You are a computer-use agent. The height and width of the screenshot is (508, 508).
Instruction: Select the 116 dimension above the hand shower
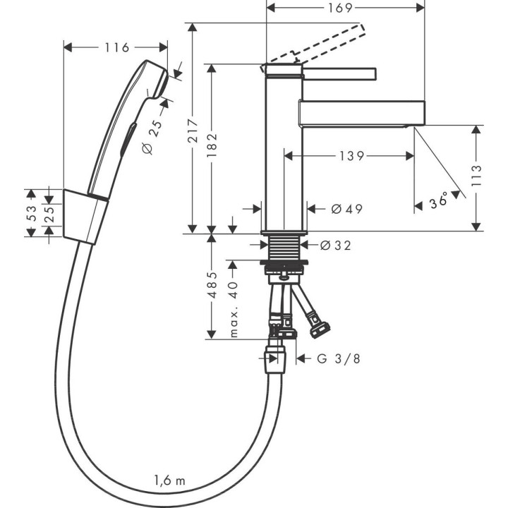point(116,47)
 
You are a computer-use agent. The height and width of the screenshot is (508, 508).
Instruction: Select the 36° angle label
point(438,202)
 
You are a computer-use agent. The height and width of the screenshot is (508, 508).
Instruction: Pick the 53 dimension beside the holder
point(30,214)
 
